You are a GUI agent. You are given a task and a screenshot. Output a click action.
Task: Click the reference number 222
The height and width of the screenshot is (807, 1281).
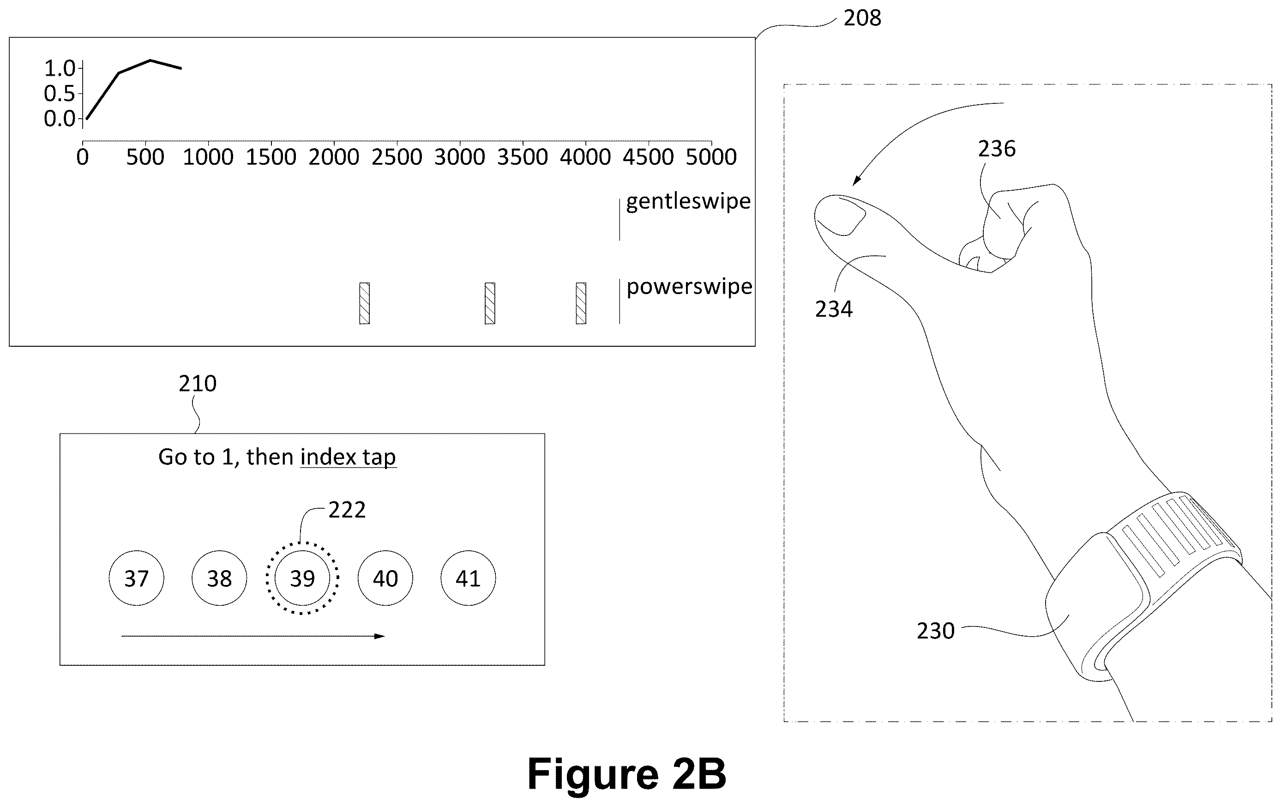(x=347, y=510)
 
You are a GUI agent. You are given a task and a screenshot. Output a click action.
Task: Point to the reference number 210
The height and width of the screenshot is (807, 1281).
(x=198, y=384)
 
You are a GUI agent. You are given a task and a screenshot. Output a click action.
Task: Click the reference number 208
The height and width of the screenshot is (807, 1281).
(x=862, y=18)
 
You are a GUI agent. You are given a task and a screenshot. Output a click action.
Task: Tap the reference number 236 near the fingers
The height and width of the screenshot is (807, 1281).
(x=996, y=148)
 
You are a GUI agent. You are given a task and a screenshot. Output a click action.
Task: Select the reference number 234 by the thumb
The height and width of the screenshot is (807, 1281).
(x=834, y=309)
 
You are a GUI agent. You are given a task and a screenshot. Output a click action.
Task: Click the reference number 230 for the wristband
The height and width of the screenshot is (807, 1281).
(x=935, y=631)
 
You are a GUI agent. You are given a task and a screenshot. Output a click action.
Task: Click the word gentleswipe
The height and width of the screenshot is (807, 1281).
(x=688, y=202)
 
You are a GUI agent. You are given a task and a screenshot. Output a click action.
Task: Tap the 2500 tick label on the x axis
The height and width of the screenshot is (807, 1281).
(x=397, y=157)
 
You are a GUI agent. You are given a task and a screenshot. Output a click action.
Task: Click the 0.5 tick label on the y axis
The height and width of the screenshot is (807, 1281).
(x=60, y=94)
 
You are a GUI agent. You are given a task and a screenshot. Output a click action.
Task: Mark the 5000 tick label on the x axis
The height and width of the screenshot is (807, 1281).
(x=711, y=157)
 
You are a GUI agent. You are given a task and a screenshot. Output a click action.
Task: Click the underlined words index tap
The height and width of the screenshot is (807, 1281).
(x=349, y=458)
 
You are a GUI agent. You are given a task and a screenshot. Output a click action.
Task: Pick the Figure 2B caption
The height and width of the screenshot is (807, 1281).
(x=627, y=774)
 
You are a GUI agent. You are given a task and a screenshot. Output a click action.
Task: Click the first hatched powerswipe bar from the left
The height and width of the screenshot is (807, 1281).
(x=364, y=303)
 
